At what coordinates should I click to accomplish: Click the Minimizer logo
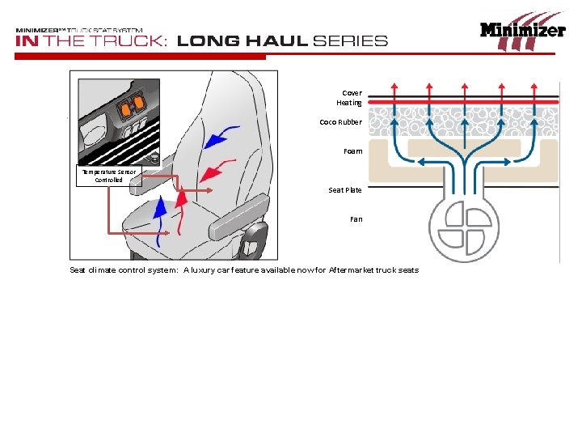click(523, 32)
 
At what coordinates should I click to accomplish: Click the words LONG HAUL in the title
click(242, 41)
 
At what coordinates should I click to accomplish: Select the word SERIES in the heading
click(350, 41)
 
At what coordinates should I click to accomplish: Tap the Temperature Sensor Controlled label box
click(109, 176)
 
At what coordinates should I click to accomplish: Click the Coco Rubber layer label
click(340, 122)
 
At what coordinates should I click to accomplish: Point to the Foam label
click(352, 151)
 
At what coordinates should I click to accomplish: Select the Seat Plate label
click(345, 190)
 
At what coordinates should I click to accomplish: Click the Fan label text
click(356, 219)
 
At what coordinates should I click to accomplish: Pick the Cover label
click(352, 93)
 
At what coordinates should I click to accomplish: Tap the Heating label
click(349, 103)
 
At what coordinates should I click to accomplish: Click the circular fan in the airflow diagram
click(464, 227)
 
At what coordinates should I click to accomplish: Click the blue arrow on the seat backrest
click(221, 137)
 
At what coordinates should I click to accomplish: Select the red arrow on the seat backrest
click(217, 171)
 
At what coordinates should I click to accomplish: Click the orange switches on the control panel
click(132, 104)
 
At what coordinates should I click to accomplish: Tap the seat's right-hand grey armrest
click(239, 216)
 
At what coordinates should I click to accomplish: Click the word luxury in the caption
click(203, 270)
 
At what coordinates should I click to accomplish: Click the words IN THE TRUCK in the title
click(90, 41)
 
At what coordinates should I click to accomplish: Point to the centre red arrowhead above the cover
click(464, 87)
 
